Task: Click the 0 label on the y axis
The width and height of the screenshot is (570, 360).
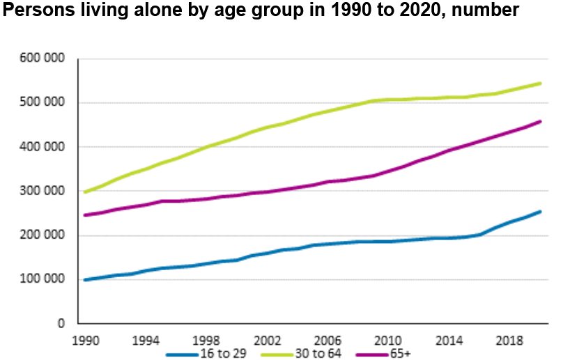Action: point(61,324)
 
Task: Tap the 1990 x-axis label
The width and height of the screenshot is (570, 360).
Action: point(84,342)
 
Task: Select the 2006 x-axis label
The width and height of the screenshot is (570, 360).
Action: point(327,342)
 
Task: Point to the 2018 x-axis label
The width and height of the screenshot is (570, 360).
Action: point(509,342)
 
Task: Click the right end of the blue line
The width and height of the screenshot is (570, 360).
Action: point(540,212)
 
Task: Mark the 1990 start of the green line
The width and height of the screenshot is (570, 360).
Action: point(84,192)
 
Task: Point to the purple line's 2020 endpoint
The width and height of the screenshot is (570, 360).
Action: point(540,122)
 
